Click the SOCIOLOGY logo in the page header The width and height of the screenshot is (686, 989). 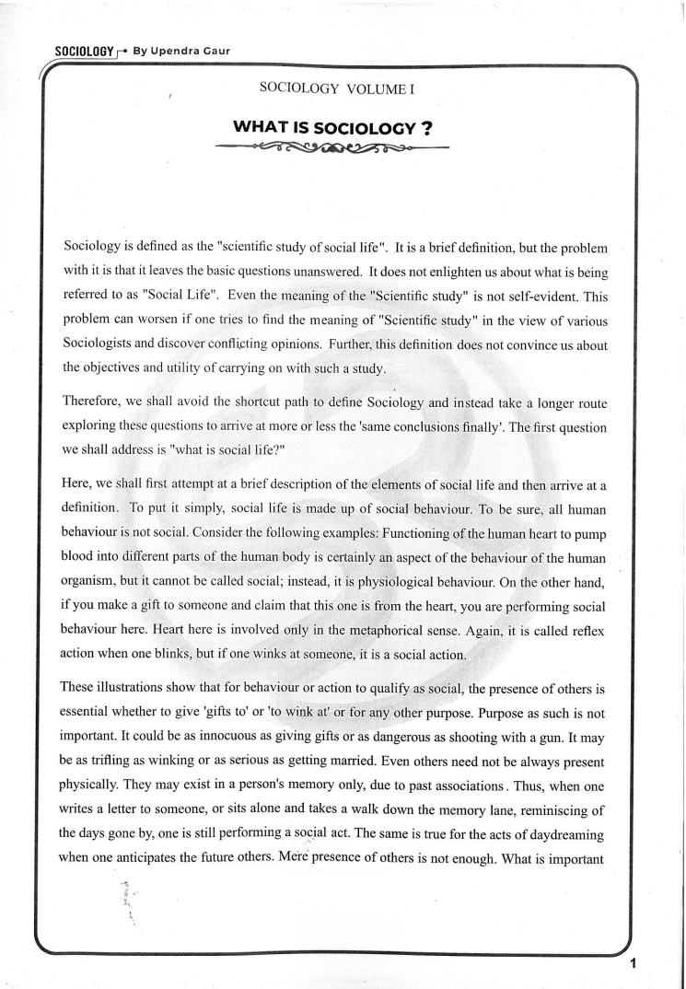[x=84, y=51]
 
